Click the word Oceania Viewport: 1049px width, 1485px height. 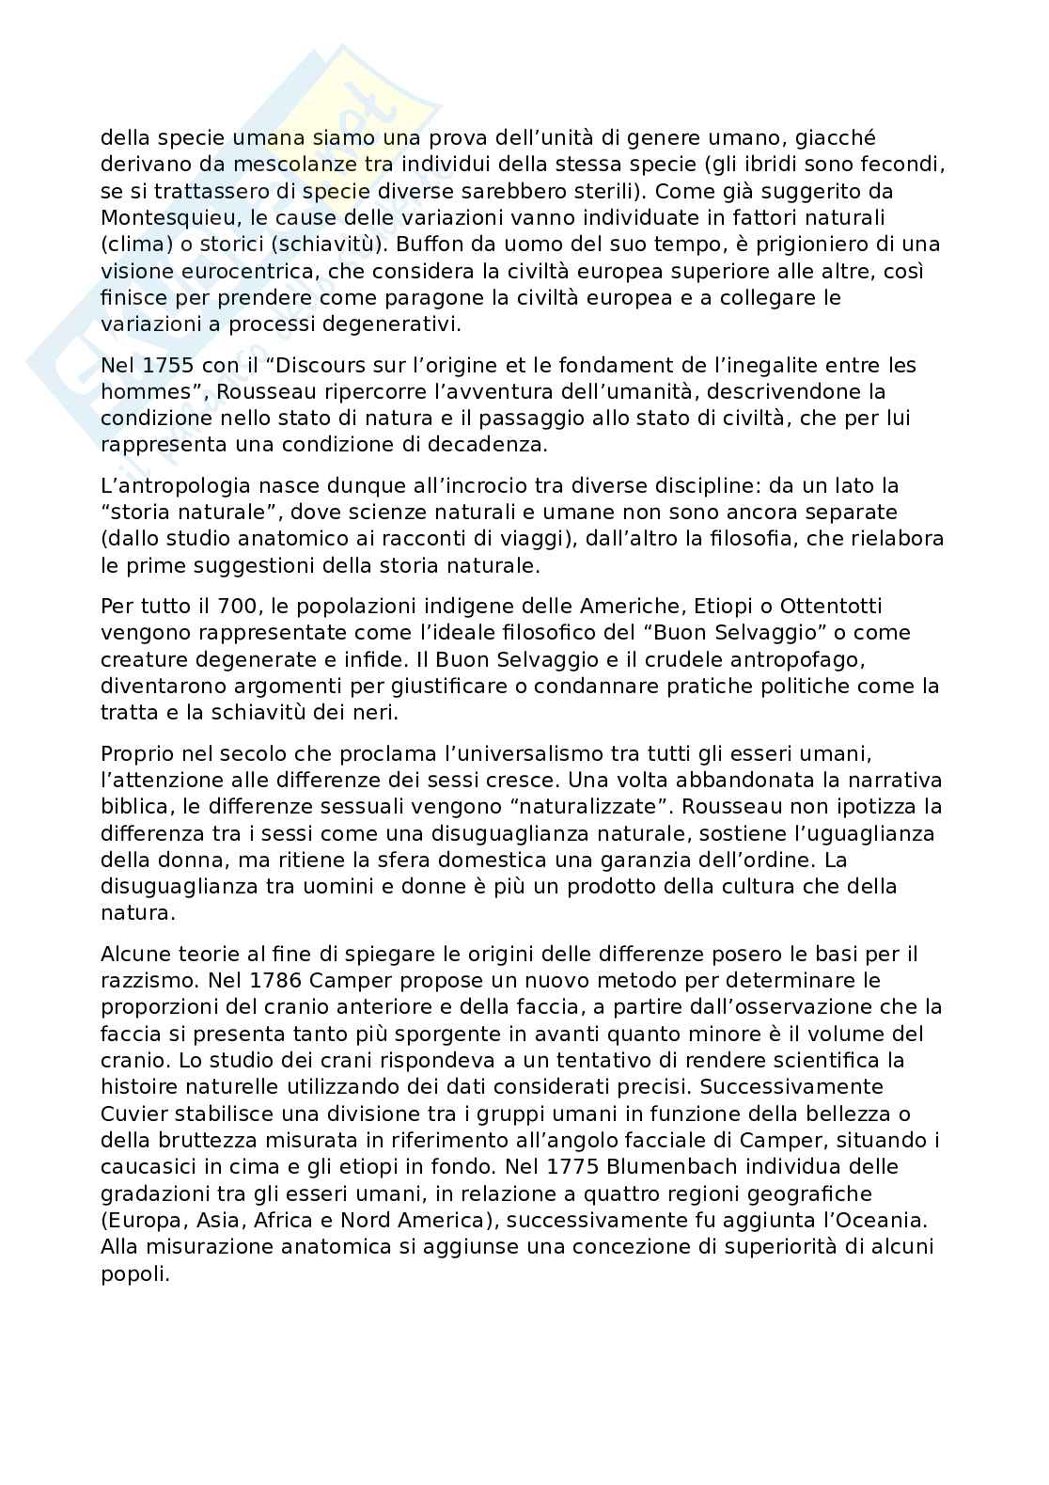(x=883, y=1220)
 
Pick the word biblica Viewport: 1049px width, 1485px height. (x=132, y=807)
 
